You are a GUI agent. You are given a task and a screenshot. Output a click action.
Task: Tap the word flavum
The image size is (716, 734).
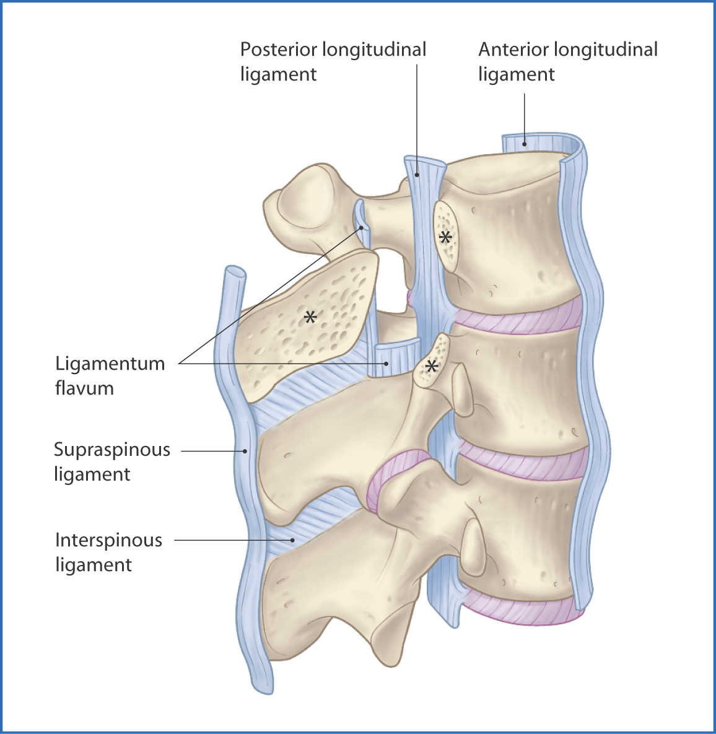(84, 388)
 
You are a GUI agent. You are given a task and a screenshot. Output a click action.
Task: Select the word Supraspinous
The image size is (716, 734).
(112, 450)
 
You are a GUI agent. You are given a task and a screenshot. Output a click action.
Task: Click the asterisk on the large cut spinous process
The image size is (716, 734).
(310, 317)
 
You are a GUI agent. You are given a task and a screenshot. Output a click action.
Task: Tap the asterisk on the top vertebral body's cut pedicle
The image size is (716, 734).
(445, 237)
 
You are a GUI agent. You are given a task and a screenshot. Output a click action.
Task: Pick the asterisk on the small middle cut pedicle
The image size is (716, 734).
(432, 366)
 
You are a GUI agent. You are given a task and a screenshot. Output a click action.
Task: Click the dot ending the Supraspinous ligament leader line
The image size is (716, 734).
(245, 452)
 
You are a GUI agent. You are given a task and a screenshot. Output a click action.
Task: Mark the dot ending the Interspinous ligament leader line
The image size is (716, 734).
(293, 540)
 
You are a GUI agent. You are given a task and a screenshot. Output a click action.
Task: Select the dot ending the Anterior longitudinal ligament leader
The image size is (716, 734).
(525, 144)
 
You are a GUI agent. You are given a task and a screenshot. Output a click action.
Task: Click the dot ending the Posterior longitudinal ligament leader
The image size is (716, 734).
(416, 175)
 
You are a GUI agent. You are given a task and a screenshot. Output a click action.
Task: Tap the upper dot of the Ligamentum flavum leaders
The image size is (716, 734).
(362, 228)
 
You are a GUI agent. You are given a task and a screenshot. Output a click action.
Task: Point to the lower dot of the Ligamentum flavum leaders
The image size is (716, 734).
(386, 363)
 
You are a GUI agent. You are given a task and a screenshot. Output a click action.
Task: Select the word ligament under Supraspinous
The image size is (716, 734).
(92, 474)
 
